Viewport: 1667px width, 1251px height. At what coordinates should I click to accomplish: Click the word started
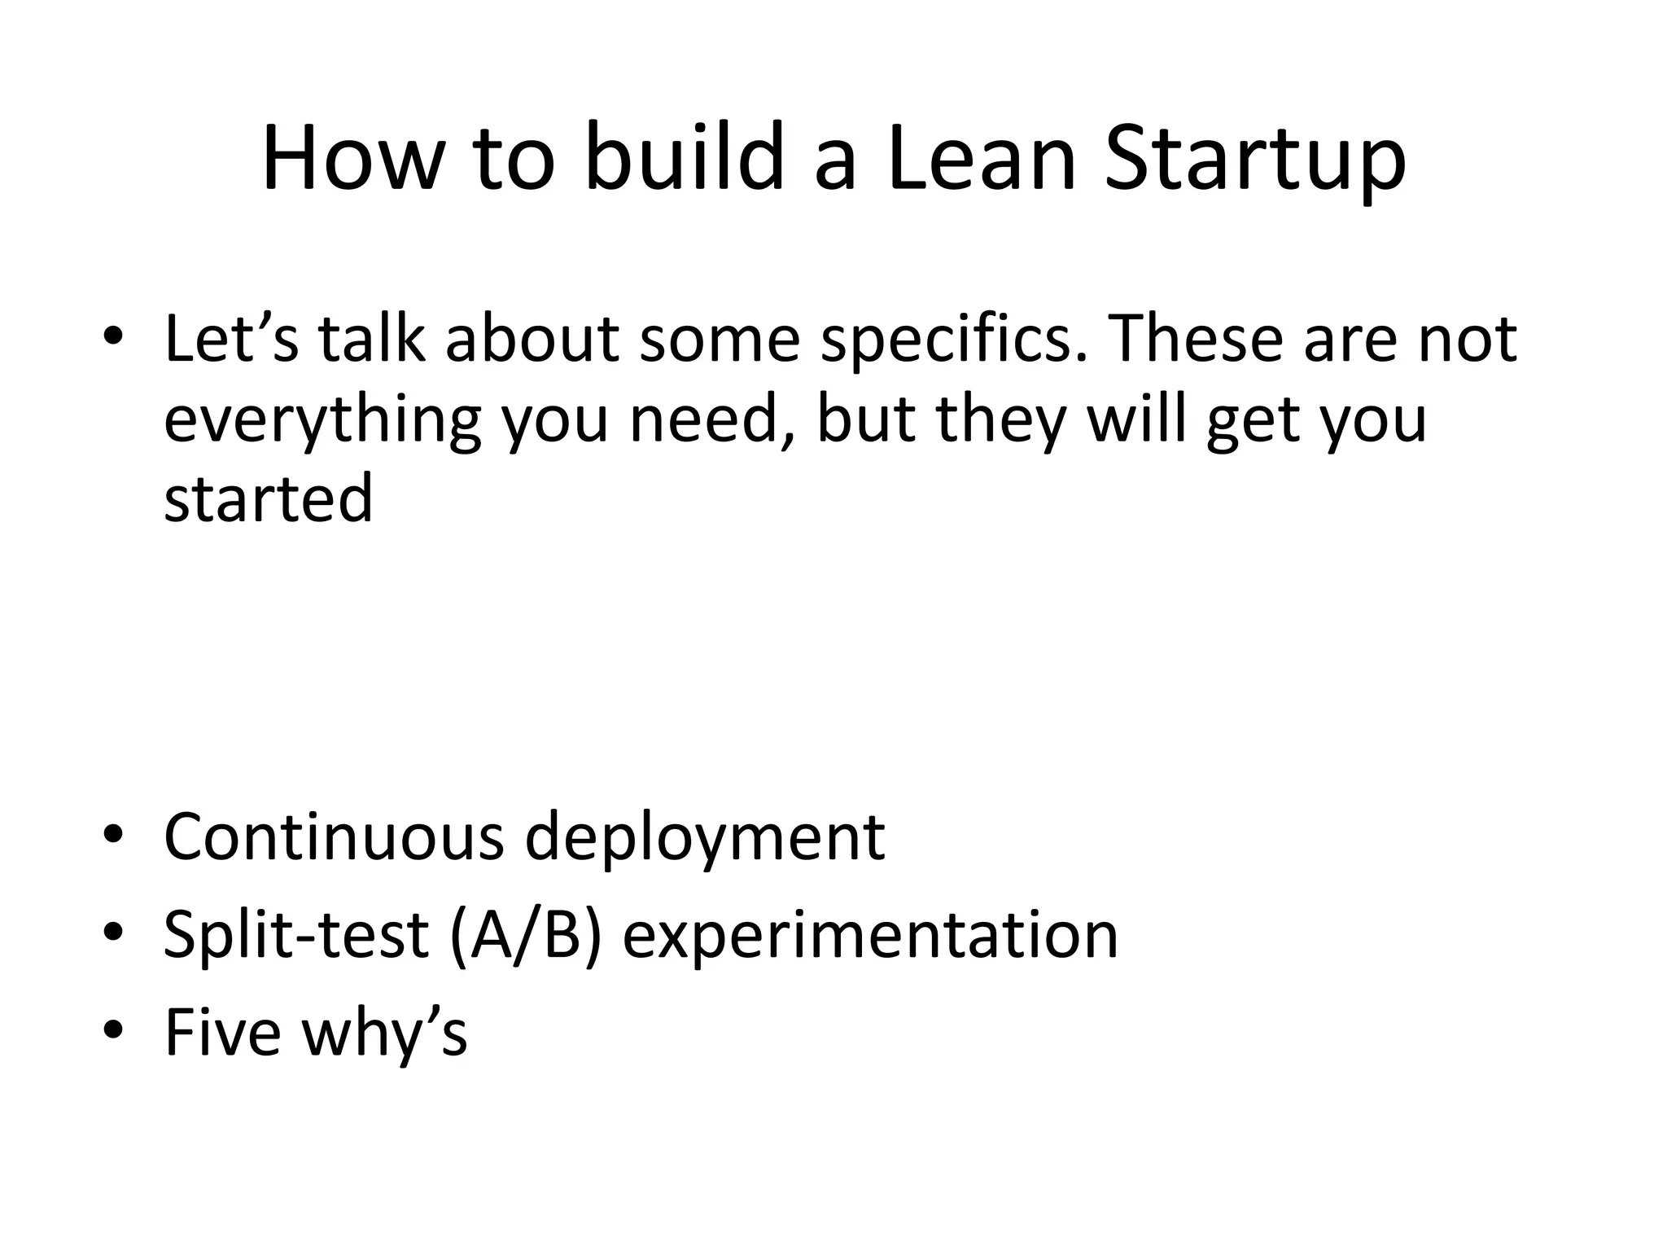tap(269, 498)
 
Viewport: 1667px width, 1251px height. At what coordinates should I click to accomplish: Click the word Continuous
tap(334, 836)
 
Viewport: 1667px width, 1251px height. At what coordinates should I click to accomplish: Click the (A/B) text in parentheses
tap(526, 935)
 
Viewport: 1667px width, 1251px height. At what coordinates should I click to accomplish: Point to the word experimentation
tap(870, 935)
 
